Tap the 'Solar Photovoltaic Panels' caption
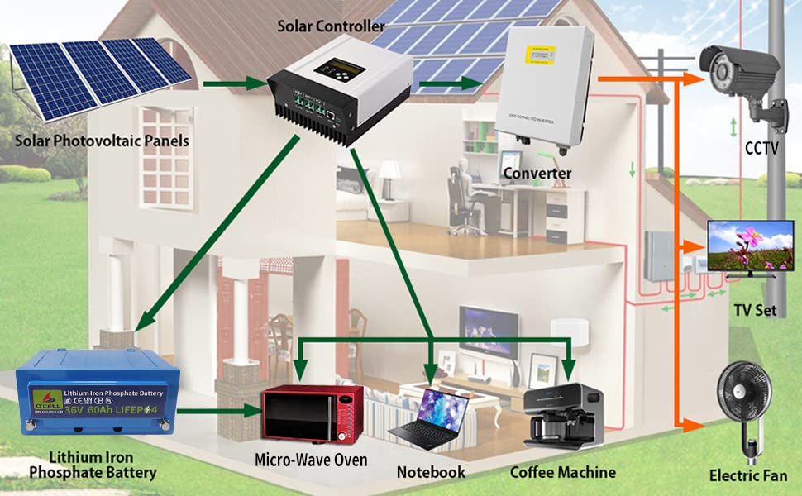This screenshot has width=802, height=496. coord(102,141)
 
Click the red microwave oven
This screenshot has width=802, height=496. coord(312,414)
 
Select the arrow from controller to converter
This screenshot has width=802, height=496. coord(451,83)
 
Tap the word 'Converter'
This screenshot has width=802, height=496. coord(537,174)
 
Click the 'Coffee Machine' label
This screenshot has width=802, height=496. coord(563,472)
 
